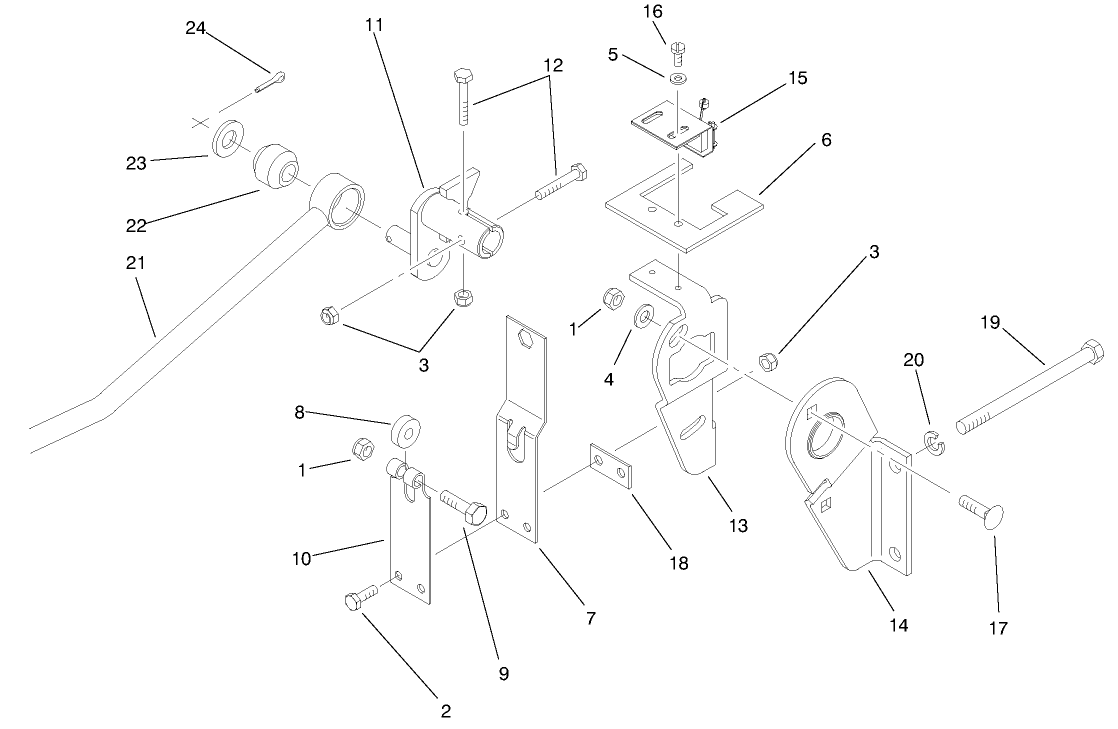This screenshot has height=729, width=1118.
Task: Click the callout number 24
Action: click(x=195, y=27)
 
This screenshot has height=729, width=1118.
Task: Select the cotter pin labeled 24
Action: click(x=270, y=83)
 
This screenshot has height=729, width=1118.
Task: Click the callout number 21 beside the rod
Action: click(x=136, y=263)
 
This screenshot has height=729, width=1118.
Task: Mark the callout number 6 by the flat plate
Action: click(x=826, y=141)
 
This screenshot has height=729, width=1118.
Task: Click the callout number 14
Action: click(x=898, y=625)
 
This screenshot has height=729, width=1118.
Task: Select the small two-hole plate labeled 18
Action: click(x=610, y=467)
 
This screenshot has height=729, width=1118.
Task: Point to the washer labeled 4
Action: click(x=644, y=317)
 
